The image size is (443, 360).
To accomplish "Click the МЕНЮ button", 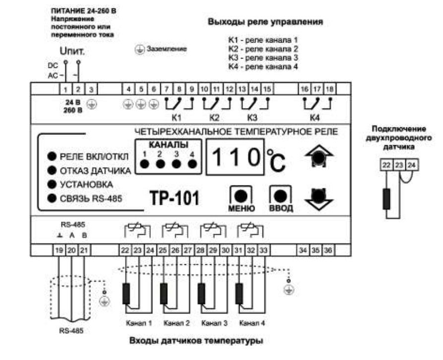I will [x=242, y=194].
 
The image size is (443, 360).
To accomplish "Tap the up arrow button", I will [x=318, y=157].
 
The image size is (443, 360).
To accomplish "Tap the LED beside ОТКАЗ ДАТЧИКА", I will [x=51, y=171].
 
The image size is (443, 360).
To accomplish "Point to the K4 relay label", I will [x=315, y=118].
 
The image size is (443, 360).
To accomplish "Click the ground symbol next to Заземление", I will [x=139, y=50].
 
